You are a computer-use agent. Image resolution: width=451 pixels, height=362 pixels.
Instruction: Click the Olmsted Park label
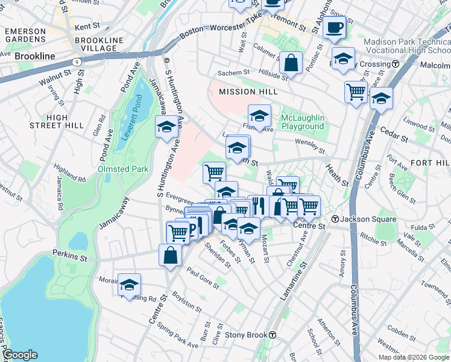pyautogui.click(x=123, y=170)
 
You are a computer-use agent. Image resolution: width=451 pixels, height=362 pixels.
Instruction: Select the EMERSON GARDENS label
pyautogui.click(x=25, y=35)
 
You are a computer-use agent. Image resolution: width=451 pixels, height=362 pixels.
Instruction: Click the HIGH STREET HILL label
pyautogui.click(x=57, y=121)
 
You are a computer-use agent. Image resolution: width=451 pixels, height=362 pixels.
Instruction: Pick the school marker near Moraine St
pyautogui.click(x=129, y=284)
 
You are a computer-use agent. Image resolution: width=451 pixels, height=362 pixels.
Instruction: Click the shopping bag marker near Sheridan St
pyautogui.click(x=171, y=254)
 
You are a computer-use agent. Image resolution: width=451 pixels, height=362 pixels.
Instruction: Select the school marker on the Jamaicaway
pyautogui.click(x=166, y=127)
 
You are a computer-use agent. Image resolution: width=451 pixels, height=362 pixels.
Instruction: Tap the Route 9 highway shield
pyautogui.click(x=77, y=62)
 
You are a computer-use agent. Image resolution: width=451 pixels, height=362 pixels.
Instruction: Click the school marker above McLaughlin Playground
pyautogui.click(x=259, y=115)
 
